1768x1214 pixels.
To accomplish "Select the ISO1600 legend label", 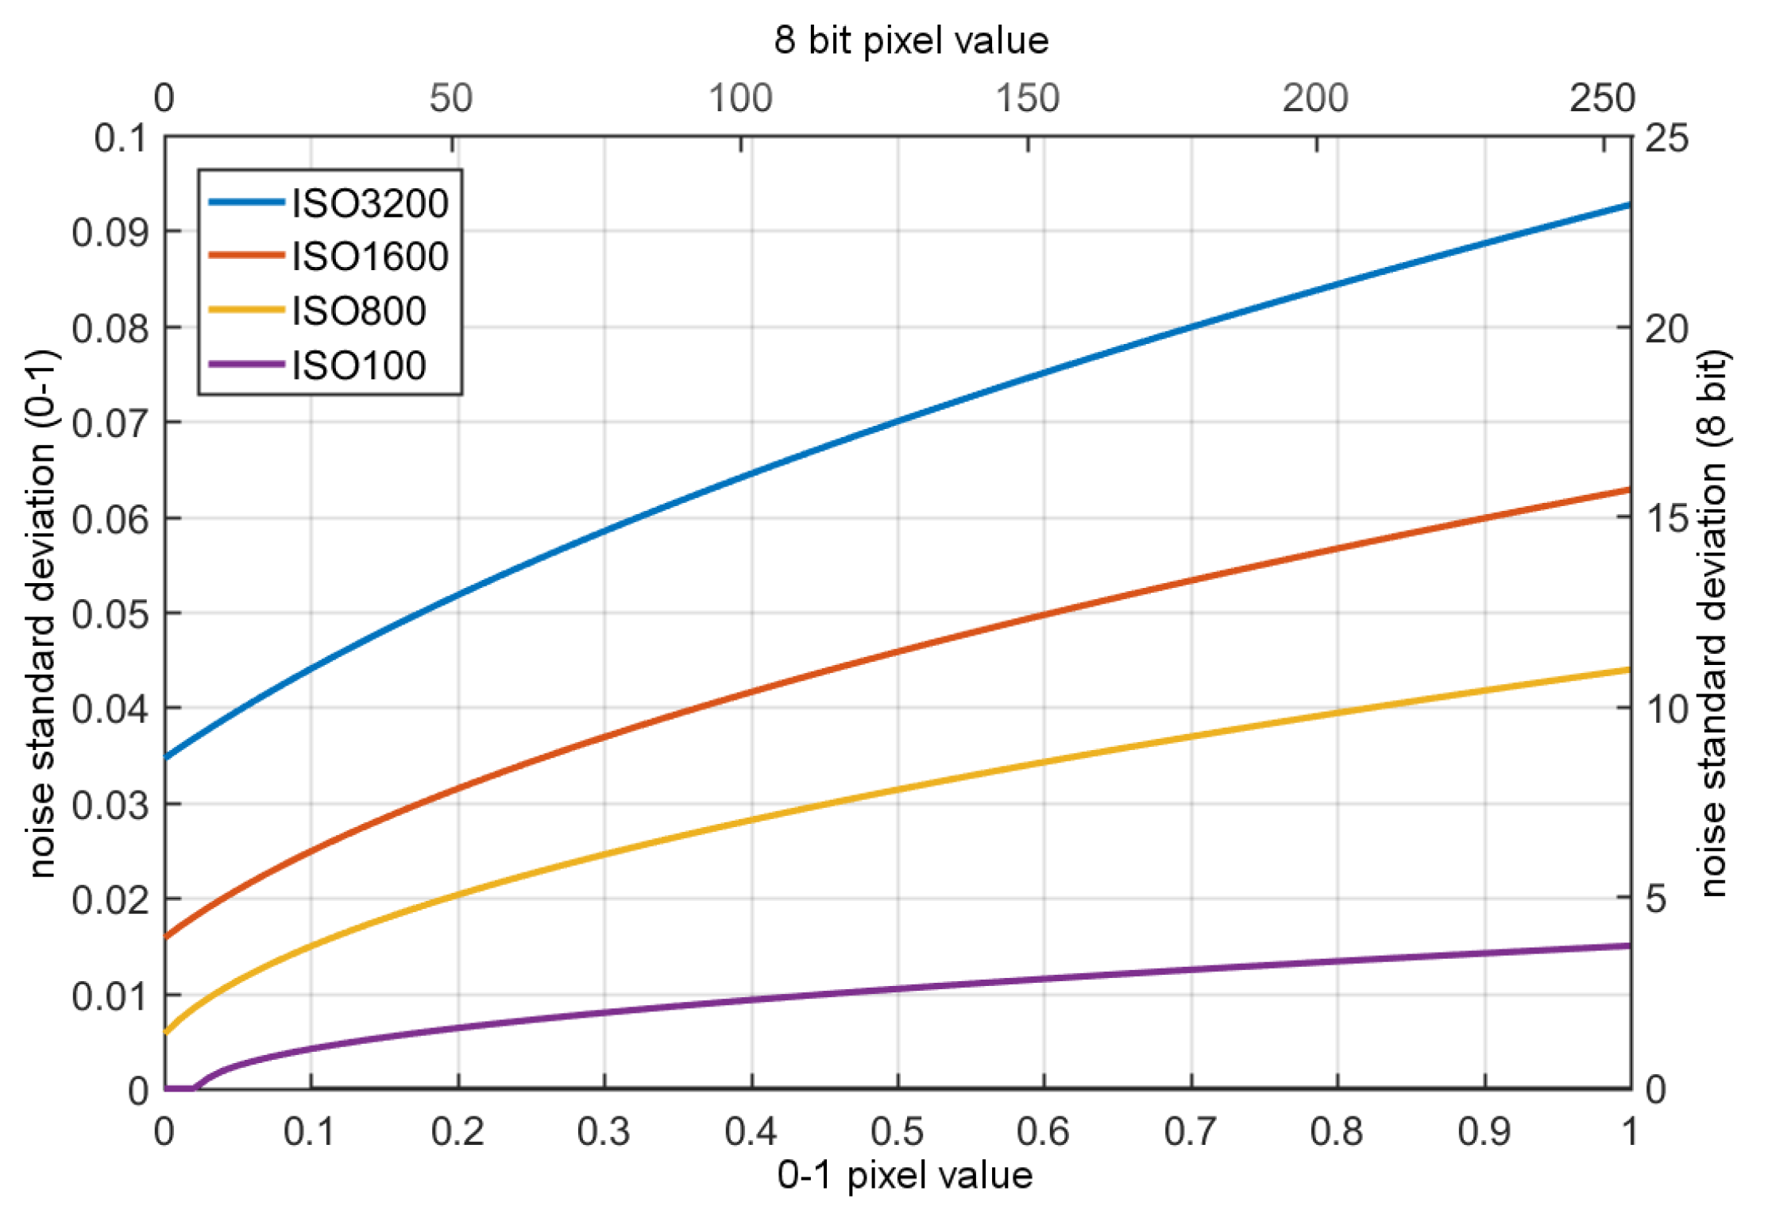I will click(369, 257).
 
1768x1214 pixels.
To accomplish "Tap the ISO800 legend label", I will click(358, 311).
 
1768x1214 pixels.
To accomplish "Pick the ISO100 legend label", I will click(358, 365).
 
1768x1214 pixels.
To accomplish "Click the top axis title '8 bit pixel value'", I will click(911, 40).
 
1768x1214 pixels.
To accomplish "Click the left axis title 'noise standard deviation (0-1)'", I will click(41, 613).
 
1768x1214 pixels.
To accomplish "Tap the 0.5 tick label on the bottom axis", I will click(898, 1131).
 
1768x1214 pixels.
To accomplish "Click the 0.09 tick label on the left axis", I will click(110, 232).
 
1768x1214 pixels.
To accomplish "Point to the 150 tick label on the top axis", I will click(1028, 99).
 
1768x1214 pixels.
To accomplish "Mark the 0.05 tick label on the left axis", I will click(110, 614).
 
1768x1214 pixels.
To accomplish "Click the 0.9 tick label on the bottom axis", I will click(1484, 1131).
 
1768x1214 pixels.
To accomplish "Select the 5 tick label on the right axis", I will click(1656, 899).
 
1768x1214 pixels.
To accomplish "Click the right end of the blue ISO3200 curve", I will click(1628, 206).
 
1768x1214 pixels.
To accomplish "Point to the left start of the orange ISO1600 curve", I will click(166, 937).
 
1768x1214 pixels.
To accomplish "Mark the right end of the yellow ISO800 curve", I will click(1628, 670).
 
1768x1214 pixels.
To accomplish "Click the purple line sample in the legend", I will click(246, 365).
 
